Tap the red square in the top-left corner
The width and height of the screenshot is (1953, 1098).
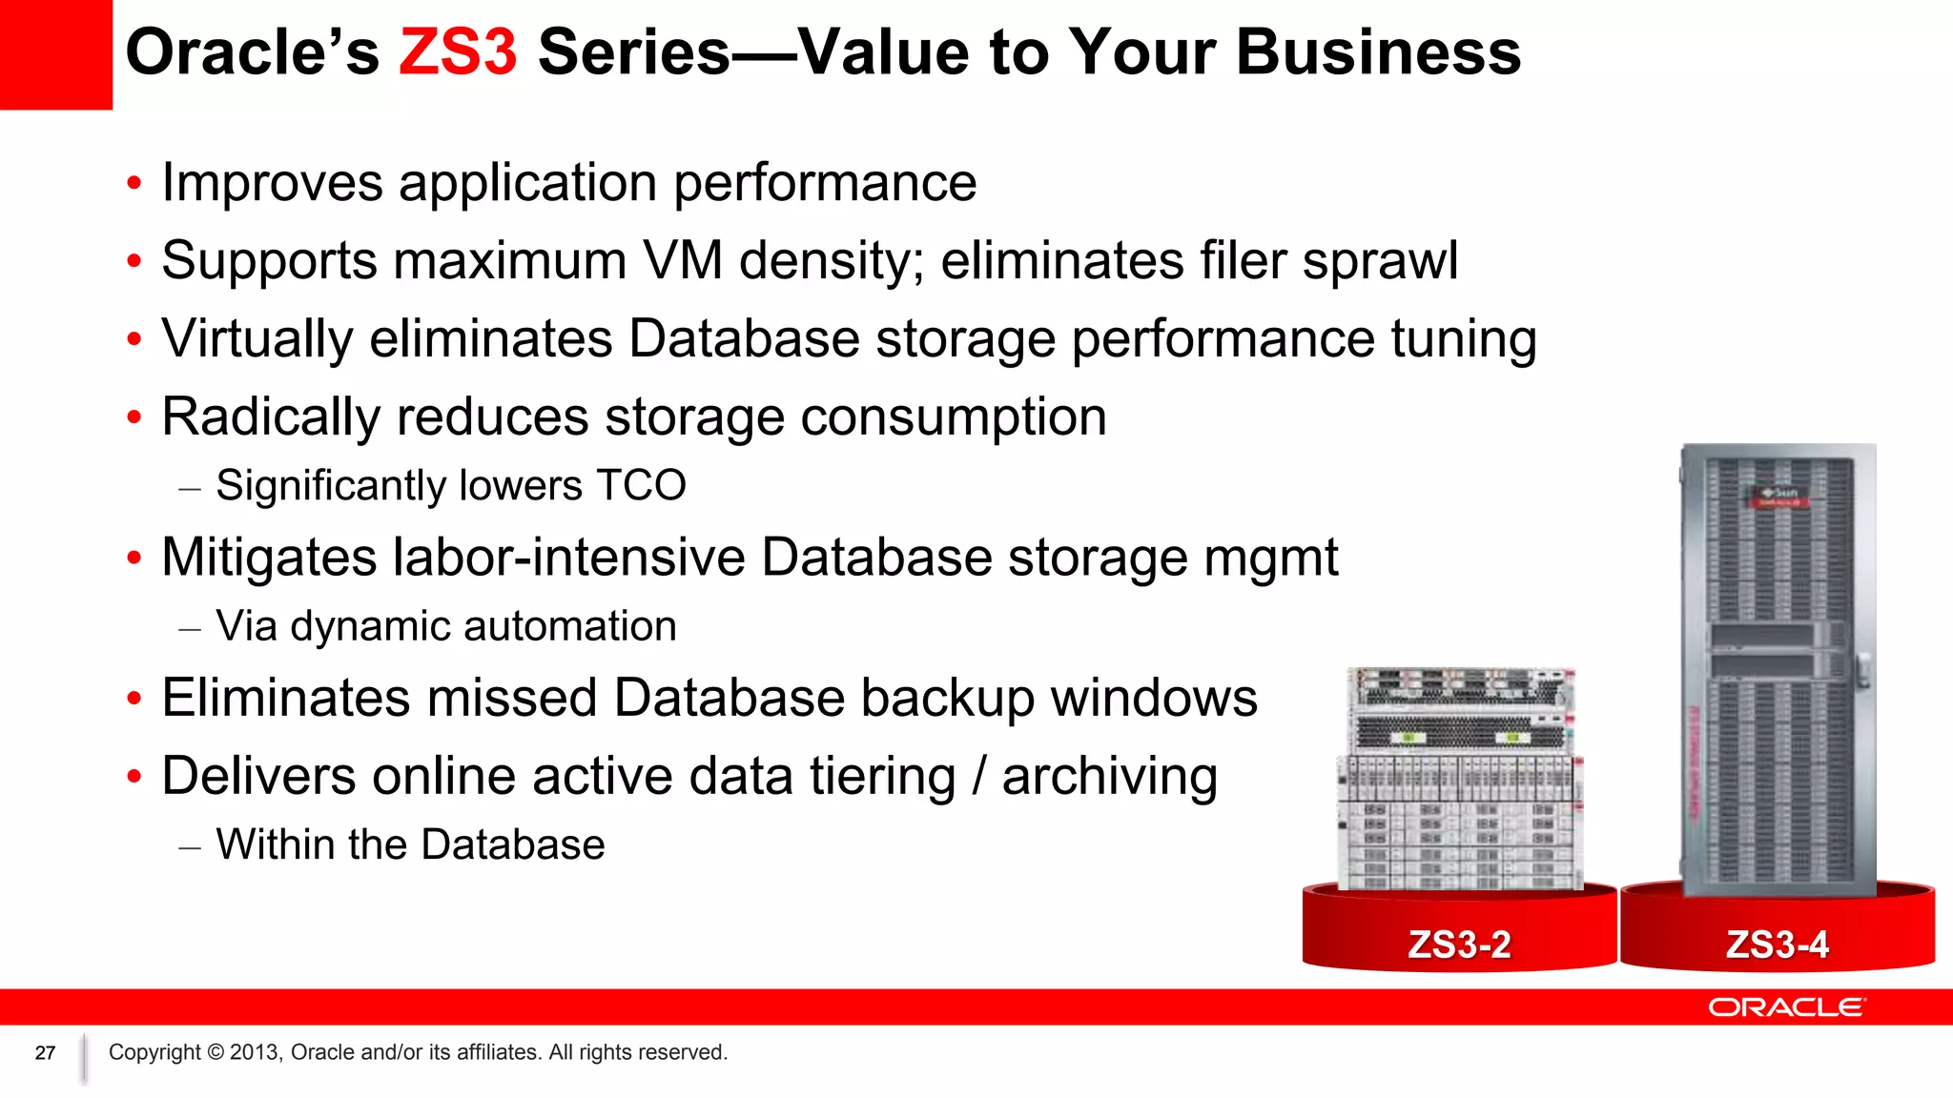(x=55, y=53)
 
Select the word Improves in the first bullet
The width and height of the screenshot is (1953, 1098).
(x=272, y=182)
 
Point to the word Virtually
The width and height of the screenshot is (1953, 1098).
(x=257, y=338)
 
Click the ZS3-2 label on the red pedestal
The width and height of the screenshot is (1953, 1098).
(x=1459, y=945)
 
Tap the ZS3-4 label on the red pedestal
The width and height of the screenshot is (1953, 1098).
(x=1777, y=945)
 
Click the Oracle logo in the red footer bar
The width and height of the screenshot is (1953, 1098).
(x=1786, y=1007)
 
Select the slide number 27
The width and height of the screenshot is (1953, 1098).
(x=45, y=1053)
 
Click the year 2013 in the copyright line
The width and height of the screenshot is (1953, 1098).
(x=255, y=1052)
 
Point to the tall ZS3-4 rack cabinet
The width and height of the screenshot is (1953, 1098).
(x=1778, y=667)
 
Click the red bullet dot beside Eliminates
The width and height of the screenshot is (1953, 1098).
(x=134, y=699)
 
